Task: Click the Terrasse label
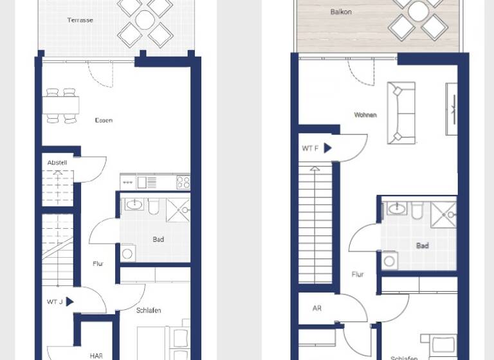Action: tap(80, 20)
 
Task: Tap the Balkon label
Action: tap(340, 12)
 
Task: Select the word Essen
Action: tap(103, 120)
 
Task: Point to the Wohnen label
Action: tap(365, 115)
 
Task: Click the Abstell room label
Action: tap(57, 163)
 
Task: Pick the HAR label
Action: tap(96, 355)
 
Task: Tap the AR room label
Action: tap(317, 309)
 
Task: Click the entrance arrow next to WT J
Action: tap(69, 301)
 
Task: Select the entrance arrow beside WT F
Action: tap(327, 148)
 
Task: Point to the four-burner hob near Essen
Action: tap(183, 182)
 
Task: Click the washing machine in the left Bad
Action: tap(127, 253)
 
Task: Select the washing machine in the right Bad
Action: tap(389, 260)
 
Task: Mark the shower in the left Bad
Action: tap(178, 210)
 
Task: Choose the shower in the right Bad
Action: tap(443, 215)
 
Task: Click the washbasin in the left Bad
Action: tap(134, 205)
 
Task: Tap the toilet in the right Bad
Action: tap(417, 210)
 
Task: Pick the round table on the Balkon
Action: tap(418, 11)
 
